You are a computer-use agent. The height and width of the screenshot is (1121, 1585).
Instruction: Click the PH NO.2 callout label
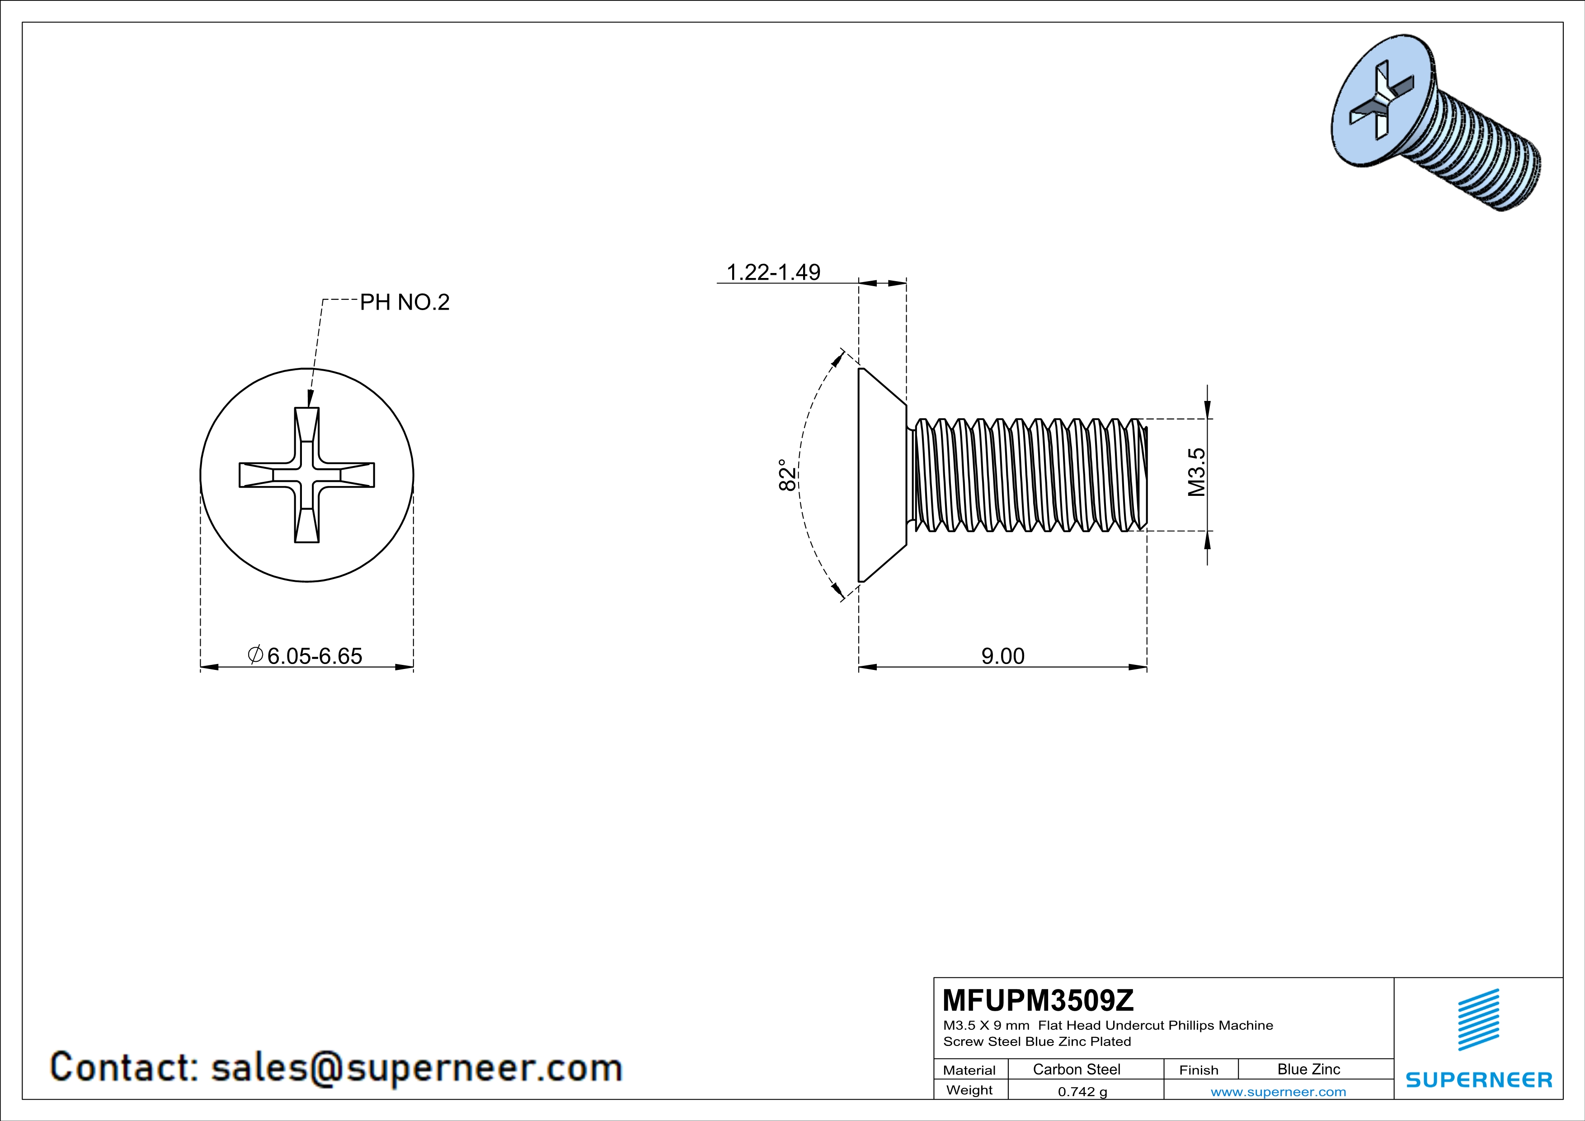pyautogui.click(x=404, y=302)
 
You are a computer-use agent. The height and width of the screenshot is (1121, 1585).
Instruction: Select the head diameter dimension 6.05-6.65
pyautogui.click(x=314, y=656)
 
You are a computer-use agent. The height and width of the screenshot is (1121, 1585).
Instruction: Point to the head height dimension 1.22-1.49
pyautogui.click(x=773, y=272)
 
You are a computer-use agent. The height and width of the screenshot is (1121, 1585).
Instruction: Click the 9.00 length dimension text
pyautogui.click(x=1002, y=656)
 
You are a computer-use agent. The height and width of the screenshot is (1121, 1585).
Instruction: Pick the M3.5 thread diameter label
pyautogui.click(x=1196, y=472)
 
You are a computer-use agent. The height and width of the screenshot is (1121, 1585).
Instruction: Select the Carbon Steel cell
pyautogui.click(x=1076, y=1069)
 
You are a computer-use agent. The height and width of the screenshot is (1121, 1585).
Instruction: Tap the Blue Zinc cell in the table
pyautogui.click(x=1308, y=1069)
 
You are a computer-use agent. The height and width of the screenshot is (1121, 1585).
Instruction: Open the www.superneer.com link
pyautogui.click(x=1278, y=1091)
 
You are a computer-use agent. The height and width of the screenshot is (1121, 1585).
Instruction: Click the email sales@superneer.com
pyautogui.click(x=416, y=1067)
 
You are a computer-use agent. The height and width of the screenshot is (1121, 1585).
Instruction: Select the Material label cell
pyautogui.click(x=969, y=1070)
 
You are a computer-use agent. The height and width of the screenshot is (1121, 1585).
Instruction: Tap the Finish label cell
pyautogui.click(x=1199, y=1070)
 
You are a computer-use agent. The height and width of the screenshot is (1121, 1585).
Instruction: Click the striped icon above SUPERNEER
pyautogui.click(x=1478, y=1019)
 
